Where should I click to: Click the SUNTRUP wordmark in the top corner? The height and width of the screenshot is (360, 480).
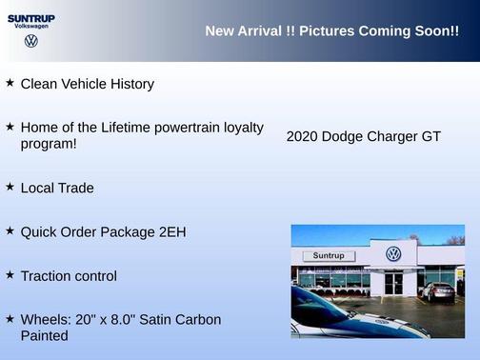coord(31,17)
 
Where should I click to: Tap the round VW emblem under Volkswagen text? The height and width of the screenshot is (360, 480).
coord(31,41)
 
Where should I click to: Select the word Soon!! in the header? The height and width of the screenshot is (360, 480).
coord(437,31)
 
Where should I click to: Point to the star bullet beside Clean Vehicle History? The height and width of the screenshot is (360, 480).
coord(10,83)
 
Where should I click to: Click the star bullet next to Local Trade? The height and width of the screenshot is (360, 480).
coord(10,187)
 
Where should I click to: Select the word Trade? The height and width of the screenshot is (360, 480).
coord(76,188)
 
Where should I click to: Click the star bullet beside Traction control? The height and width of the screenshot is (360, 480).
coord(10,274)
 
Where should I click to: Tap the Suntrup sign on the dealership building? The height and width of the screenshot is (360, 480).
coord(327,256)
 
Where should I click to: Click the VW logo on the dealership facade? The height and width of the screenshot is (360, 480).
coord(393,254)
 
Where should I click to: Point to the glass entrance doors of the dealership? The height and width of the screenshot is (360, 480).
coord(394,283)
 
